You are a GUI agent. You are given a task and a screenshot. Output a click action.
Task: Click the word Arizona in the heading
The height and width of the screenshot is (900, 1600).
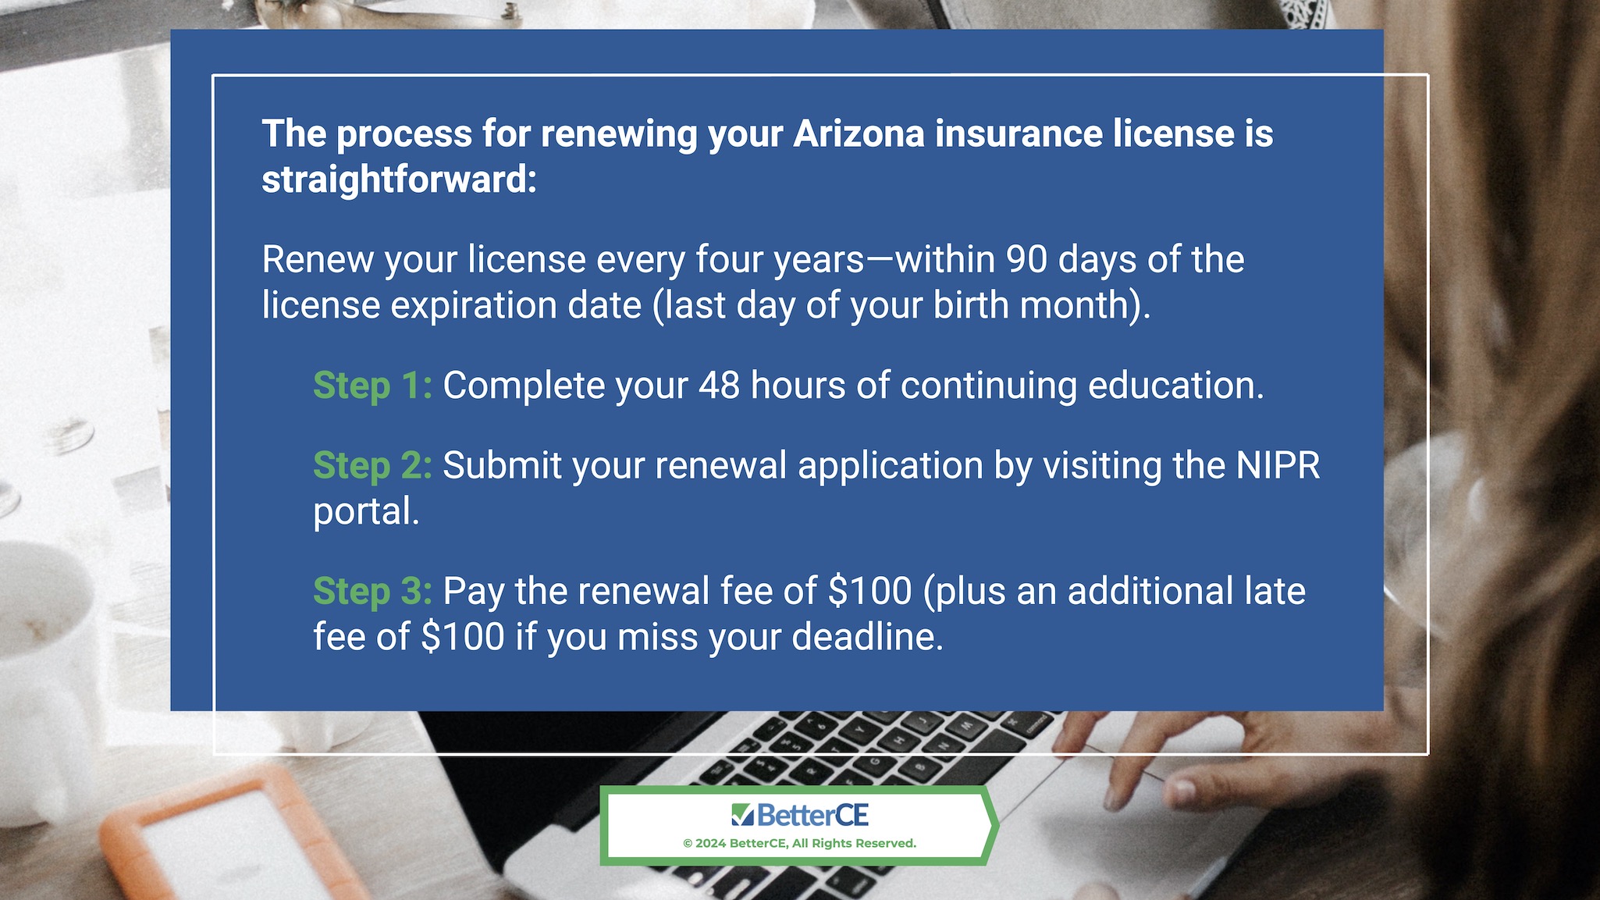[x=859, y=133]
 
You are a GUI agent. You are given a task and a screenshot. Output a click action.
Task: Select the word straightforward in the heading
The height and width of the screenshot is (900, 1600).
[x=399, y=180]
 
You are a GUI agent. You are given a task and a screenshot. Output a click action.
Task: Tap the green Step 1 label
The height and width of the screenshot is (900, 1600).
[x=372, y=386]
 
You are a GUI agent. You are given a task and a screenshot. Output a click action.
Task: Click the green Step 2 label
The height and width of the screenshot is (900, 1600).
[x=372, y=466]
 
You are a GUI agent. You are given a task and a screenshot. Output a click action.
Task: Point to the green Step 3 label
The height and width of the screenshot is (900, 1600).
[x=372, y=592]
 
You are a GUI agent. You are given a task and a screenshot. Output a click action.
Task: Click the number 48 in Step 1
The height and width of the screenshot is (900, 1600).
[x=719, y=386]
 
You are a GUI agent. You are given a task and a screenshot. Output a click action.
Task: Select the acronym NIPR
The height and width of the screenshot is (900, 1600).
[x=1278, y=466]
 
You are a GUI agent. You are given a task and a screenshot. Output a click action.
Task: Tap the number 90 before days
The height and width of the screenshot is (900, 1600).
[x=1026, y=260]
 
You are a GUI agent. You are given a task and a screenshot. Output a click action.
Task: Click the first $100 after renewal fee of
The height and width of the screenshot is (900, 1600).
[x=869, y=591]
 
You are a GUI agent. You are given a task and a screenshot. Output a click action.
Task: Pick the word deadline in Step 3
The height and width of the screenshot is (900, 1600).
[x=867, y=637]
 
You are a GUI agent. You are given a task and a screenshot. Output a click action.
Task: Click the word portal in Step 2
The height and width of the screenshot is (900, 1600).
[x=366, y=513]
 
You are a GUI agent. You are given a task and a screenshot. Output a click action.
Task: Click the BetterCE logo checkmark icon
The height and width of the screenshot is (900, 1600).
[x=742, y=815]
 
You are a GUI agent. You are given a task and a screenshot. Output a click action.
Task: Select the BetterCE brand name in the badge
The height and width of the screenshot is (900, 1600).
[x=812, y=816]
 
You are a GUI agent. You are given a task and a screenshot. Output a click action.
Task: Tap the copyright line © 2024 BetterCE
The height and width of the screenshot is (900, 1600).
[x=799, y=844]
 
